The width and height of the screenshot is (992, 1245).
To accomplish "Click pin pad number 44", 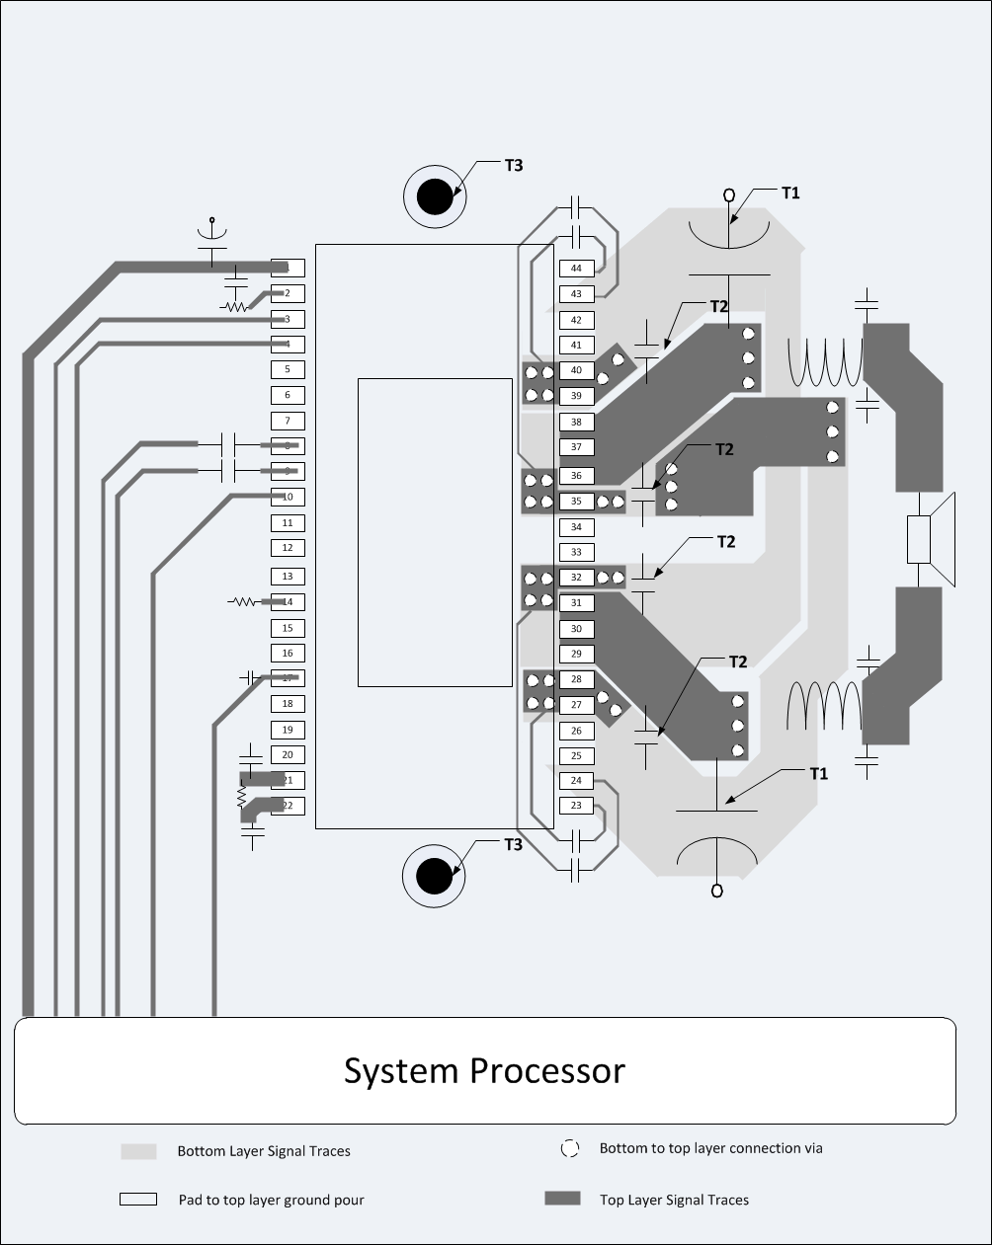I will (x=577, y=269).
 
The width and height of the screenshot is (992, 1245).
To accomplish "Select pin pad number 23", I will (x=577, y=806).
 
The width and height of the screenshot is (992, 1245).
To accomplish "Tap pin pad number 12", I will (x=288, y=548).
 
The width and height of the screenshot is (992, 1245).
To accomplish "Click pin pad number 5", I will (x=288, y=369).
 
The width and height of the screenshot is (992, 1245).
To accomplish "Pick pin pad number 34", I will (x=577, y=527).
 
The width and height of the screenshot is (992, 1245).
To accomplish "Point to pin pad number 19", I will (x=288, y=730).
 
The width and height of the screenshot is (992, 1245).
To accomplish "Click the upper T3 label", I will (x=514, y=165).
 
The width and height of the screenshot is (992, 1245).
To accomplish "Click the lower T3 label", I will (x=514, y=844).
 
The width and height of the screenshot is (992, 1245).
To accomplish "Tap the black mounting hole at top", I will (x=434, y=197).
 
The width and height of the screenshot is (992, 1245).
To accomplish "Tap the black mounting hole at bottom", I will (x=434, y=876).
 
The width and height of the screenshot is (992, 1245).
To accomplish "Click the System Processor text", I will (x=484, y=1071).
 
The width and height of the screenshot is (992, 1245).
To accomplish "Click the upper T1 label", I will (x=790, y=193).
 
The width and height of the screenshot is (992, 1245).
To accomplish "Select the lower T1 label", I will (x=818, y=773).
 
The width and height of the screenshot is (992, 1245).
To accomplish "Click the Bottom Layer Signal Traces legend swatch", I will (x=138, y=1151).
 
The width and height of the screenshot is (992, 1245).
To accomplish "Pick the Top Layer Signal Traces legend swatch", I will (x=562, y=1199).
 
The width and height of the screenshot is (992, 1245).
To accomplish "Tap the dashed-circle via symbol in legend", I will (x=570, y=1148).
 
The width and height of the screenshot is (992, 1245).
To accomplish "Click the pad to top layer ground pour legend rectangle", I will (x=138, y=1199).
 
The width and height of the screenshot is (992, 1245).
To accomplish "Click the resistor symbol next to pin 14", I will (x=242, y=601).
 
